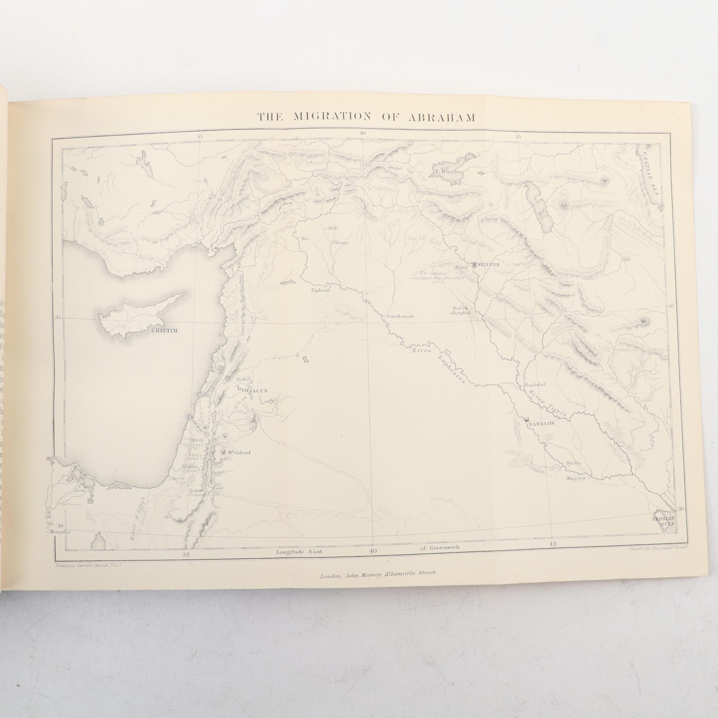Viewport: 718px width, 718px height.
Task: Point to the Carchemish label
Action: click(400, 317)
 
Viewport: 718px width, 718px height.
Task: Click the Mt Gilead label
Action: click(240, 452)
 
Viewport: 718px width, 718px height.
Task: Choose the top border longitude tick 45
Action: click(518, 136)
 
